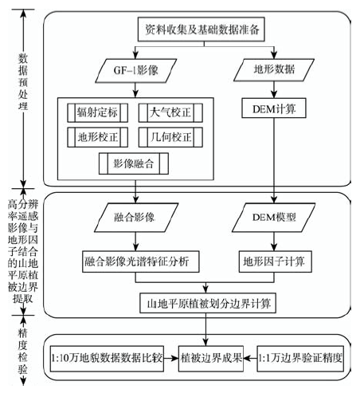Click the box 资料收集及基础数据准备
(x=202, y=29)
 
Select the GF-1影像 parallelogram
(x=135, y=71)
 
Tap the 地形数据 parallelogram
(x=274, y=70)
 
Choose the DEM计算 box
(x=274, y=108)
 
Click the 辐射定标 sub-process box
(x=97, y=112)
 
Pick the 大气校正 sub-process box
(x=170, y=112)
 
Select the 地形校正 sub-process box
(x=97, y=137)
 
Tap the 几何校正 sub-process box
(x=170, y=137)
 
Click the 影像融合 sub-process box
(x=134, y=163)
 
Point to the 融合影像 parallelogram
(x=136, y=218)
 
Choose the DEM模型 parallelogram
(x=274, y=218)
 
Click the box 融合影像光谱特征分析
(x=141, y=261)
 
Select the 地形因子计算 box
(x=276, y=261)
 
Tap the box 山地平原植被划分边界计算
(x=208, y=303)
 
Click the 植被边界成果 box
(x=211, y=359)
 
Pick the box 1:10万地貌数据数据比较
(x=107, y=359)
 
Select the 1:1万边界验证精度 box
(x=300, y=359)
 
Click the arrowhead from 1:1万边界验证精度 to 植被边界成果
(x=247, y=358)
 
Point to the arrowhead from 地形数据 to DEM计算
(x=274, y=95)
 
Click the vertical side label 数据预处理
(x=23, y=82)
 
